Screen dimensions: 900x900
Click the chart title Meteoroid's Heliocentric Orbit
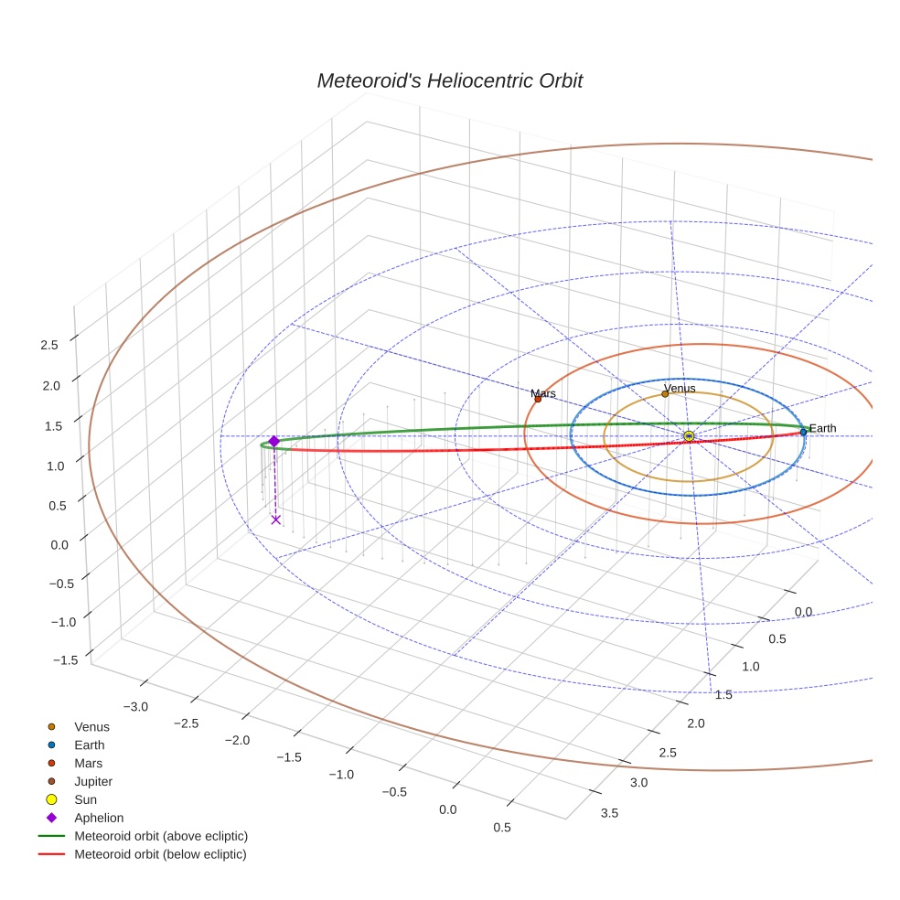coord(449,81)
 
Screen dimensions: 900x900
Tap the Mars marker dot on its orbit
coord(538,399)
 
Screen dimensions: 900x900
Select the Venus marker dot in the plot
coord(665,394)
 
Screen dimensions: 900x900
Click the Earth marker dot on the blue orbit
coord(803,432)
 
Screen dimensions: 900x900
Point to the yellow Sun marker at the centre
coord(689,436)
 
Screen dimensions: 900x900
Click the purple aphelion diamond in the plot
coord(273,441)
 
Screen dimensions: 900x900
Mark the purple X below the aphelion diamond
coord(275,520)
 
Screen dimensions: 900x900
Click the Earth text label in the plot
coord(822,428)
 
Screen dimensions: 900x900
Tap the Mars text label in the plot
coord(543,393)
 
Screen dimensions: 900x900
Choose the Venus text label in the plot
coord(680,388)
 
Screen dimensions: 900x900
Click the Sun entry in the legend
coord(85,799)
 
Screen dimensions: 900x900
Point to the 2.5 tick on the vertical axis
coord(49,345)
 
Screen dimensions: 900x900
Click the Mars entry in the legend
coord(88,763)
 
